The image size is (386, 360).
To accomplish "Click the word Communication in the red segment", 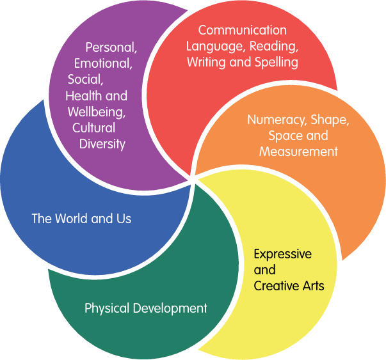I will click(x=243, y=30).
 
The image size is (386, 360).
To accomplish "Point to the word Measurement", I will click(x=298, y=152).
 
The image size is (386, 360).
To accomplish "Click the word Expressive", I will click(x=283, y=254).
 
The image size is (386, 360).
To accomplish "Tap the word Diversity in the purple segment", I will click(x=102, y=143).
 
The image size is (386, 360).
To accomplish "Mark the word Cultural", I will click(x=93, y=127).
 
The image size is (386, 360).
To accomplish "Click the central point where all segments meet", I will click(x=193, y=179).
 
